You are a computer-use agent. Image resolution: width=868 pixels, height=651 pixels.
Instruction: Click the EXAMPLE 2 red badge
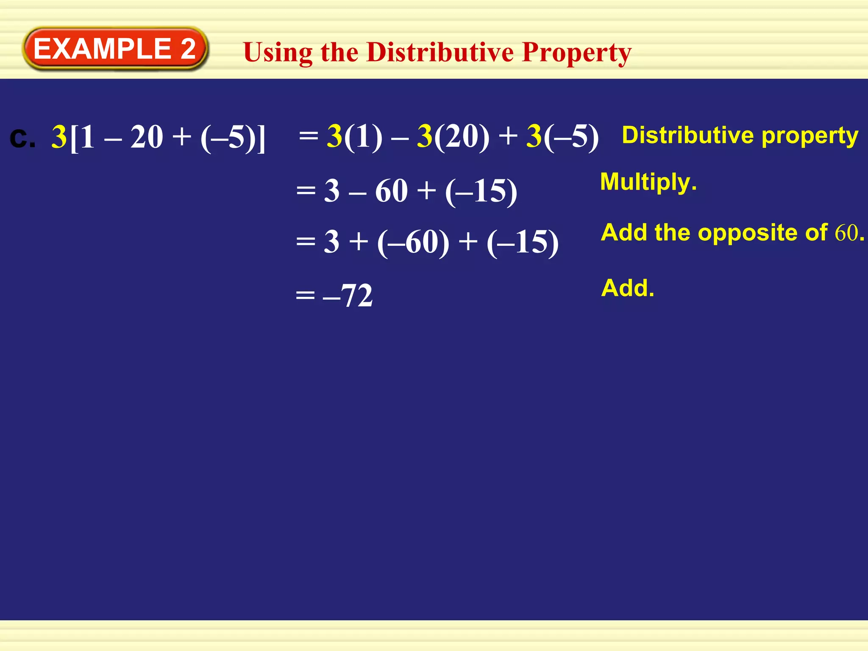114,49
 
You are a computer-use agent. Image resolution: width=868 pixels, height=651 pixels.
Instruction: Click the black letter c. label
22,138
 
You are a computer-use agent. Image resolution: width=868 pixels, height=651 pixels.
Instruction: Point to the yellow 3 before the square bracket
59,137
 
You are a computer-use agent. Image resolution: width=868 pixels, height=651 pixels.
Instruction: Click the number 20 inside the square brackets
147,137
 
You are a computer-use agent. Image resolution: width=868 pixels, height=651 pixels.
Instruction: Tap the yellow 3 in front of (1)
335,136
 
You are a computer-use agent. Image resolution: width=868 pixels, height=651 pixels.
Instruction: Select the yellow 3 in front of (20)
425,136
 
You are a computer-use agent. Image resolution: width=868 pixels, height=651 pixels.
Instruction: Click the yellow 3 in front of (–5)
534,136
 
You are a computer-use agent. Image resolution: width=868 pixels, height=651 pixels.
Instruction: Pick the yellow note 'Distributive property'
740,136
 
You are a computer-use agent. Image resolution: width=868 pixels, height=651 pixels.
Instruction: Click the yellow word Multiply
648,182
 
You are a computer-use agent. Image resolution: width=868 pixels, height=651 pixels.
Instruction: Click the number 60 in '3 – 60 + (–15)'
391,191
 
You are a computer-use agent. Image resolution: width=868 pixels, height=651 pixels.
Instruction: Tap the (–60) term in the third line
413,242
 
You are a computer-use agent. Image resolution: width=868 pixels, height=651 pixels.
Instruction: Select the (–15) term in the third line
523,242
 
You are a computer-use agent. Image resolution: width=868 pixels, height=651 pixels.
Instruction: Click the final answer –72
348,295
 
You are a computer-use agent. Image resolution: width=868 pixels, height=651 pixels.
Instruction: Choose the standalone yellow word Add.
628,288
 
